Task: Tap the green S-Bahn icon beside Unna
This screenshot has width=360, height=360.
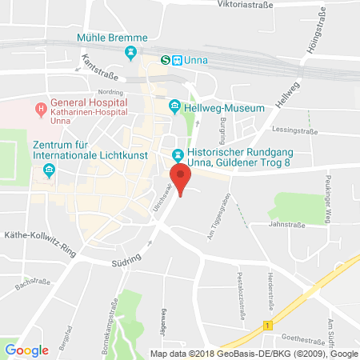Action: [166, 59]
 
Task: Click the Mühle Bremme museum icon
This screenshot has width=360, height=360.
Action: [130, 53]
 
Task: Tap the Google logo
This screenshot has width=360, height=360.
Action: [27, 350]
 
